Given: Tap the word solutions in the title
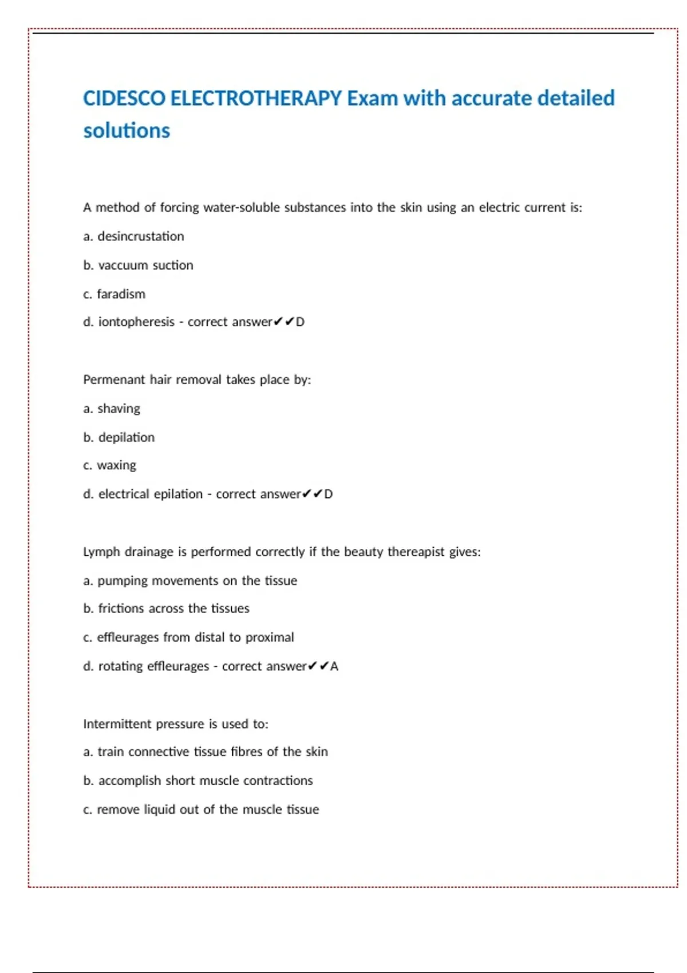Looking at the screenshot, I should pos(127,131).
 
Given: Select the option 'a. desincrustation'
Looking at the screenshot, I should pos(133,236).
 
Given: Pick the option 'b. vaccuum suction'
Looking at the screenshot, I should pos(138,266).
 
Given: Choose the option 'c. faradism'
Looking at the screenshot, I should pos(114,294).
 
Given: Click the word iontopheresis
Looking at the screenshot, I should pos(136,322).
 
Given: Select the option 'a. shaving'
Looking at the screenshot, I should pos(111,409).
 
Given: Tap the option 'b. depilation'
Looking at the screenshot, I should pos(119,437).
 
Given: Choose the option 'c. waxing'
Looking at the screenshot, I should pos(109,465).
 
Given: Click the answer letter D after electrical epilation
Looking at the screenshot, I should pos(328,494).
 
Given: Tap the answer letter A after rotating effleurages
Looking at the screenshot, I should pos(334,666).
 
